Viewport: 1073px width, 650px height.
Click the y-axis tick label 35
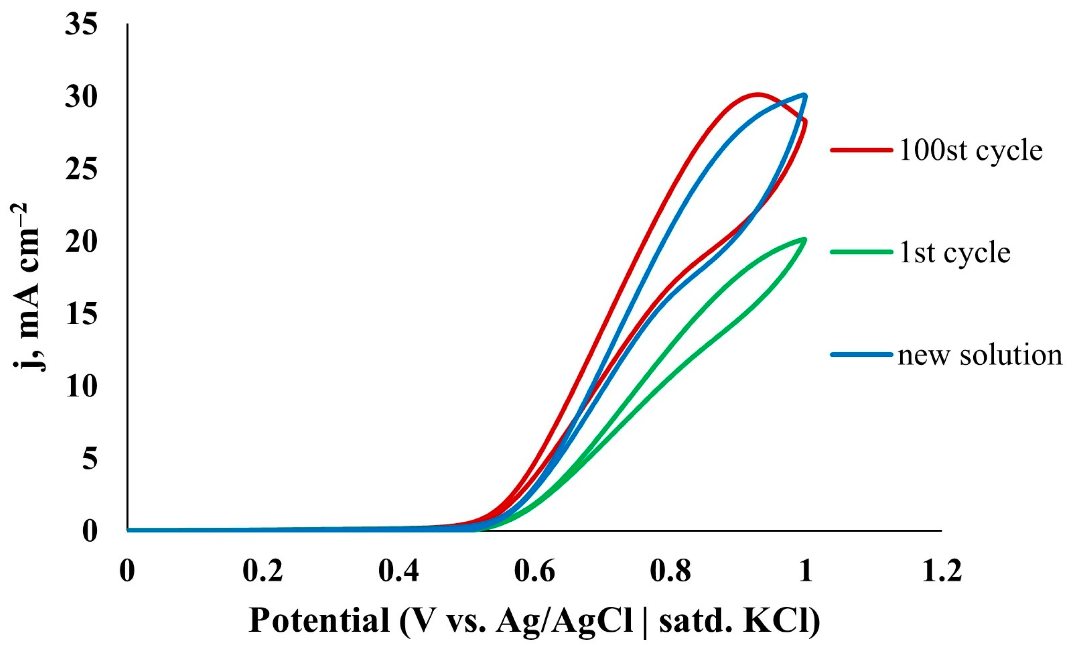click(81, 25)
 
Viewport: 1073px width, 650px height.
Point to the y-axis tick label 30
click(81, 97)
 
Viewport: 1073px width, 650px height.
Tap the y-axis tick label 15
click(81, 314)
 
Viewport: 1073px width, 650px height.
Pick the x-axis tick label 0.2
click(263, 571)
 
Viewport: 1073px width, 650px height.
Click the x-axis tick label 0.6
click(534, 571)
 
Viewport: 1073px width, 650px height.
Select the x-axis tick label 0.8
click(670, 571)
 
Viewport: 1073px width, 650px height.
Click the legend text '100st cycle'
click(971, 150)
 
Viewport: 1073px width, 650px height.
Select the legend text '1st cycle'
click(955, 252)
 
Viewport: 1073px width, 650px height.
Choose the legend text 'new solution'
click(980, 355)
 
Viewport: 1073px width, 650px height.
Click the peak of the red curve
click(758, 94)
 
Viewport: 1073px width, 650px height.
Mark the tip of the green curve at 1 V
click(805, 239)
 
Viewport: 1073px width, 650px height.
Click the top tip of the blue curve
click(805, 95)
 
